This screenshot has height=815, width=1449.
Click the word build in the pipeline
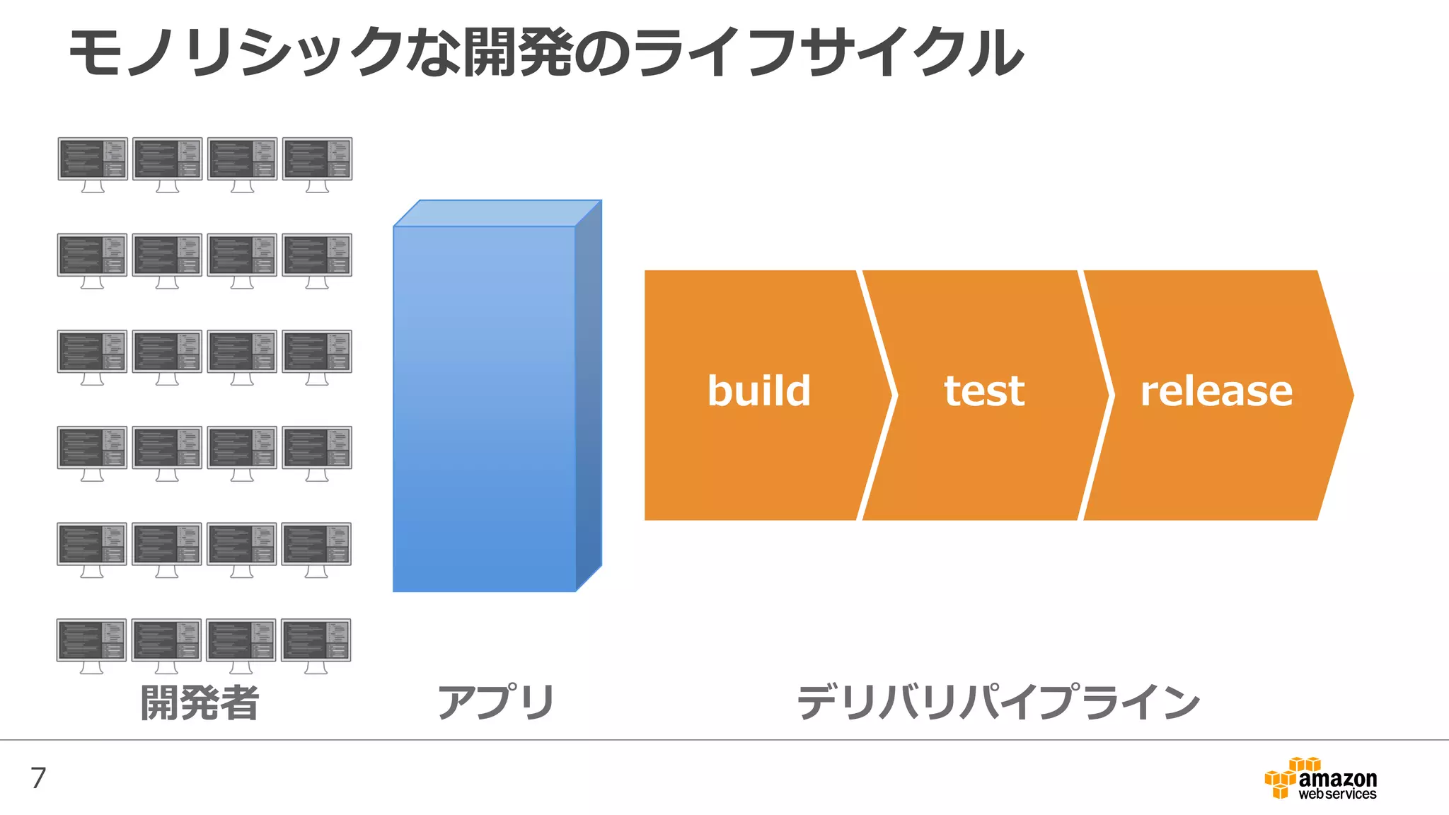pos(758,391)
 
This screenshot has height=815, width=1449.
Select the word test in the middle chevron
pos(984,391)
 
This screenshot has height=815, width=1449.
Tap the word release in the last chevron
pos(1216,391)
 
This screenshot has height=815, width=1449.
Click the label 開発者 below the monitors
pos(200,703)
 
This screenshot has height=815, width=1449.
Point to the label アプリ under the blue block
pos(496,703)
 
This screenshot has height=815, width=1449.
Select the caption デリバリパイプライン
pos(998,703)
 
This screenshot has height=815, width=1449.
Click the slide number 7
pos(38,778)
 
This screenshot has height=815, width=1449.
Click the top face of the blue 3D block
pos(497,213)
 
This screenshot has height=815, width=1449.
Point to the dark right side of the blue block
pos(589,396)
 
